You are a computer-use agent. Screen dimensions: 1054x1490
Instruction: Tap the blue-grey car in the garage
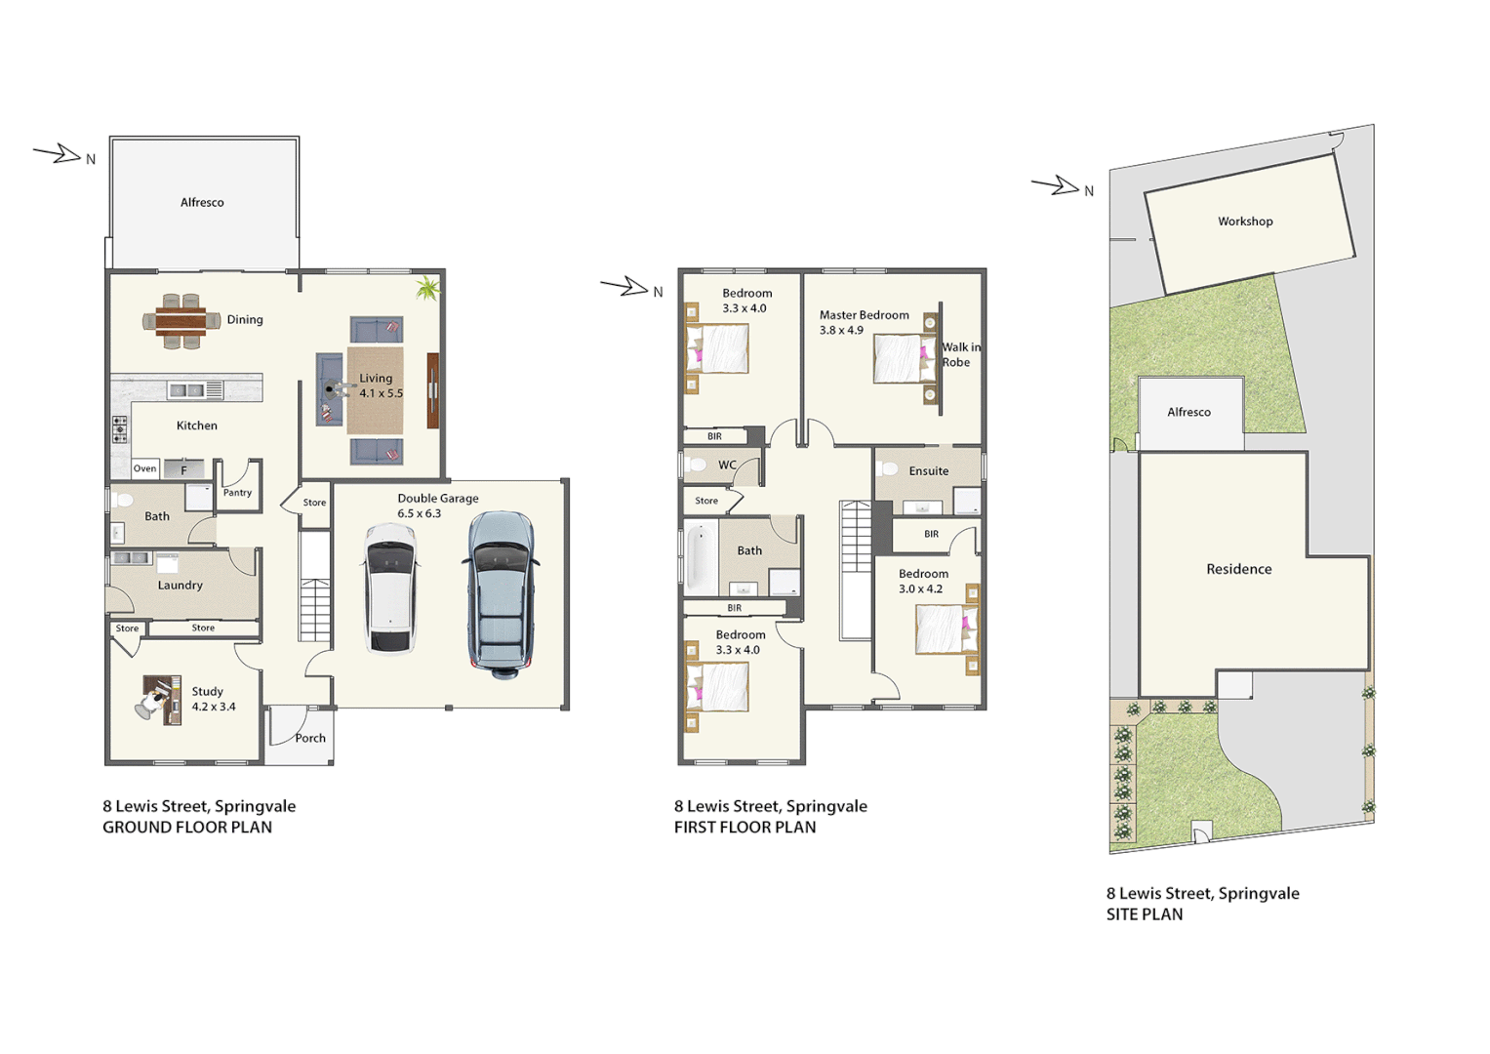pyautogui.click(x=502, y=593)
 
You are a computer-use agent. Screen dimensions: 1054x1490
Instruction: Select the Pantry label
pyautogui.click(x=237, y=493)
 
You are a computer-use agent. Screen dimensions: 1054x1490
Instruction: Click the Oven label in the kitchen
pyautogui.click(x=144, y=468)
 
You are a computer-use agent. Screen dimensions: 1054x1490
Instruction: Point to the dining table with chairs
pyautogui.click(x=181, y=320)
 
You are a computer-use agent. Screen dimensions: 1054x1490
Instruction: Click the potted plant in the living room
pyautogui.click(x=427, y=288)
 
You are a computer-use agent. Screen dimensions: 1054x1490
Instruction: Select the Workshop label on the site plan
pyautogui.click(x=1245, y=222)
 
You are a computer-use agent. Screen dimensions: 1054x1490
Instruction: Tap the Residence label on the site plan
pyautogui.click(x=1238, y=569)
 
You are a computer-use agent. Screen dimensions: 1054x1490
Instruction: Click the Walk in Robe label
pyautogui.click(x=960, y=354)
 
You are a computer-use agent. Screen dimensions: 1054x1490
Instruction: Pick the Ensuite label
pyautogui.click(x=928, y=471)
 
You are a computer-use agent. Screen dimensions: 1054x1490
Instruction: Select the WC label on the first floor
pyautogui.click(x=728, y=466)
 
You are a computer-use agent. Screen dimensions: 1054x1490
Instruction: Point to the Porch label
pyautogui.click(x=310, y=738)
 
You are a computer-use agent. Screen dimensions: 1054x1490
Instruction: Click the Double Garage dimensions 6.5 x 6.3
pyautogui.click(x=420, y=513)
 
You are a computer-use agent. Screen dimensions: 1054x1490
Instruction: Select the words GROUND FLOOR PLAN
pyautogui.click(x=187, y=828)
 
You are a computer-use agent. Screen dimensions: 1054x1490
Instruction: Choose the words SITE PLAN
pyautogui.click(x=1145, y=914)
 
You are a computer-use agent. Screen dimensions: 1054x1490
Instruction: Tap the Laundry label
pyautogui.click(x=181, y=586)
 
